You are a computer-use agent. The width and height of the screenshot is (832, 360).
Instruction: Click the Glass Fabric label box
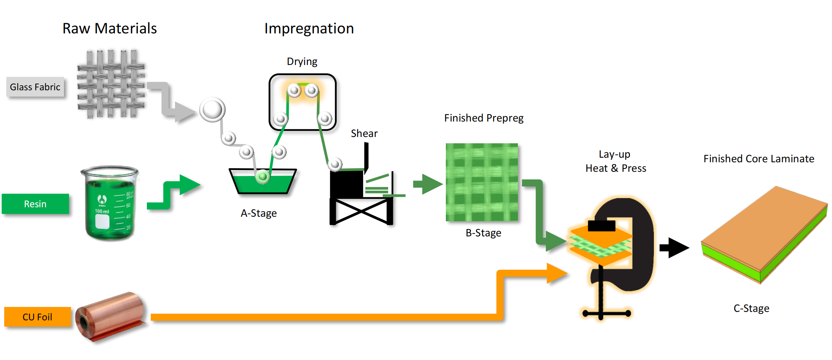pos(35,87)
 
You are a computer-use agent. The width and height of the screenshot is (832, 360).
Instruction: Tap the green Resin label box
pos(35,204)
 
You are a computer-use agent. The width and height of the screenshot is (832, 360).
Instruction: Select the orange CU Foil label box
pos(37,317)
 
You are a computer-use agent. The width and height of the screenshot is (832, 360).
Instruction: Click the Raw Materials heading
pos(110,28)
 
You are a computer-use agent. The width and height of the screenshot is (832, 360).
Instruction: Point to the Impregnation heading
pos(309,28)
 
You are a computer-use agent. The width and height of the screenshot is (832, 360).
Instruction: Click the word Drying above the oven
pos(302,61)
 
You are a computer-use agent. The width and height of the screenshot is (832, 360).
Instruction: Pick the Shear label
pos(364,133)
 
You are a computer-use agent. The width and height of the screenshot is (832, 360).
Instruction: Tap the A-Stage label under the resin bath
pos(259,213)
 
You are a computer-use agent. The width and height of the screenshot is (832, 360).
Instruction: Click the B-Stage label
pos(483,233)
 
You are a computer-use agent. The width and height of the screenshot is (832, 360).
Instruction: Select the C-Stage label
pos(751,308)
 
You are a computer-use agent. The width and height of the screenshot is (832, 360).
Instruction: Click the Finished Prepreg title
pos(483,118)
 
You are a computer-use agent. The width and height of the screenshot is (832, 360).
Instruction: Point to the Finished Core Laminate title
pos(759,159)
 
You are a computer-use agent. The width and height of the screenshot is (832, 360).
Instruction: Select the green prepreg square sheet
pos(482,182)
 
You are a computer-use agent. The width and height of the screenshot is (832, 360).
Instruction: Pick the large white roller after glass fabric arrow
pos(212,110)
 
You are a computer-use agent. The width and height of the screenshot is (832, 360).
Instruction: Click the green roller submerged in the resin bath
pos(262,176)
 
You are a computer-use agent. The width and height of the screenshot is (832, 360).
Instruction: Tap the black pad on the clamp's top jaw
pos(602,225)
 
